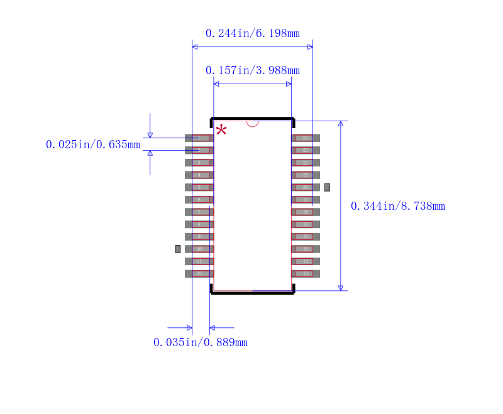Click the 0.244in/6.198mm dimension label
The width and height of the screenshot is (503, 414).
tap(252, 33)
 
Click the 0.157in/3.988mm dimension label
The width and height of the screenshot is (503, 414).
tap(252, 70)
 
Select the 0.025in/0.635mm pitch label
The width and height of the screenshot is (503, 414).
tap(92, 144)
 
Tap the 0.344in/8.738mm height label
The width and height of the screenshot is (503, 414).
tap(397, 206)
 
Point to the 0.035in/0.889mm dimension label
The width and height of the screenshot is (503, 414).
tap(200, 342)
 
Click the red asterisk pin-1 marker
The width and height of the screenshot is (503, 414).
tap(221, 130)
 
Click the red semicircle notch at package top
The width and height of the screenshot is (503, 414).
tap(252, 123)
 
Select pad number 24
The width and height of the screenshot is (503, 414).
tap(306, 138)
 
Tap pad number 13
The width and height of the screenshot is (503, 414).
tap(306, 273)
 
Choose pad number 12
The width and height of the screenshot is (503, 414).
tap(199, 273)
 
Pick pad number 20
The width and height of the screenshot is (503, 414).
tap(306, 187)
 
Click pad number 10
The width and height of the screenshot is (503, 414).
tap(199, 249)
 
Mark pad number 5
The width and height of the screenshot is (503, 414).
tap(199, 187)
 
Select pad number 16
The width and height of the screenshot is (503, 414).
tap(306, 236)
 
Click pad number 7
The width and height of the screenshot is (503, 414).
tap(199, 212)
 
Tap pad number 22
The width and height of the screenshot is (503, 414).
tap(306, 162)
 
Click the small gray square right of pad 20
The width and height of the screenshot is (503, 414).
tap(327, 187)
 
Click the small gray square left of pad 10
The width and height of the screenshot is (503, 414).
tap(178, 249)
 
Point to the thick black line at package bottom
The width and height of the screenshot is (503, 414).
tap(252, 293)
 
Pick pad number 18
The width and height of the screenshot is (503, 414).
tap(306, 212)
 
